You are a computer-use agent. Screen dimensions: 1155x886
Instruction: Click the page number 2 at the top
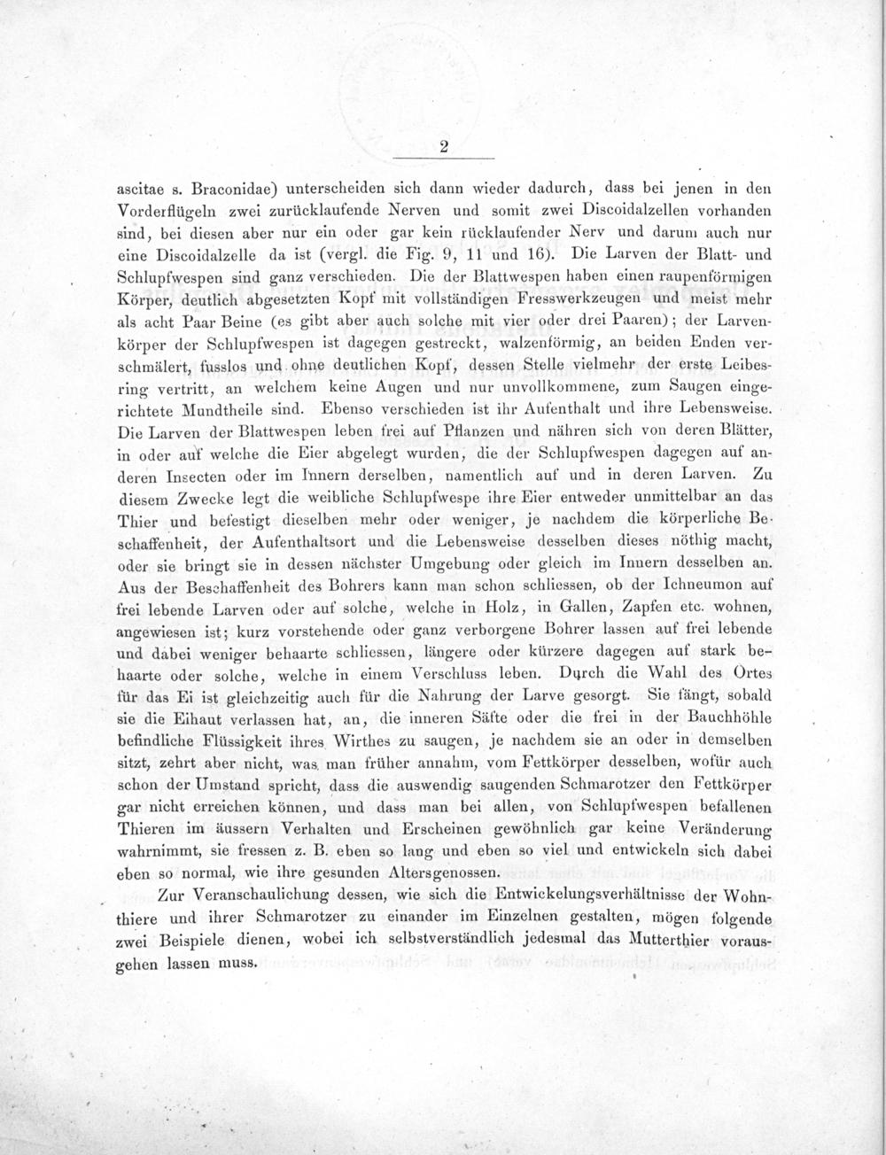[x=443, y=149]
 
